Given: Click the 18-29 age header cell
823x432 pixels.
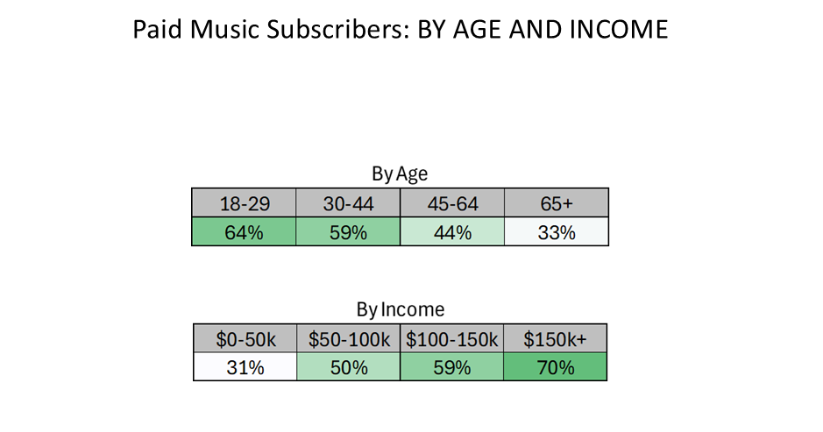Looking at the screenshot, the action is click(x=244, y=202).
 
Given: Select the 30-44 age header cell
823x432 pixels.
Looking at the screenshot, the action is click(x=348, y=202).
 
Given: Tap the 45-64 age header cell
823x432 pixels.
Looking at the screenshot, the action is click(x=452, y=202).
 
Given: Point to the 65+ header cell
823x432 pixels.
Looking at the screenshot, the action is click(x=557, y=202).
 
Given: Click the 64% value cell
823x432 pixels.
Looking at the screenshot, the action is click(x=244, y=231).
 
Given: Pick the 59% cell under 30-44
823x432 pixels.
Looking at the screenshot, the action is click(x=348, y=231).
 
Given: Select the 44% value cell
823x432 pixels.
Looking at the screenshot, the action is click(x=452, y=231).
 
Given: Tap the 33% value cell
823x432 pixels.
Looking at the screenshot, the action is click(x=557, y=231).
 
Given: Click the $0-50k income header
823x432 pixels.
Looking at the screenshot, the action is click(x=245, y=338).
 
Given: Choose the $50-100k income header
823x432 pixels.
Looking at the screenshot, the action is click(x=349, y=338).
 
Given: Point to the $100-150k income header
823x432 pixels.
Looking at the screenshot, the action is click(x=452, y=338).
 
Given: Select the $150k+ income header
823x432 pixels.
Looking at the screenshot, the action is click(x=556, y=338).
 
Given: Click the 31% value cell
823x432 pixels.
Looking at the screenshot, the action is click(x=245, y=366).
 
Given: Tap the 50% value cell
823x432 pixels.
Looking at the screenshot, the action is click(x=349, y=366).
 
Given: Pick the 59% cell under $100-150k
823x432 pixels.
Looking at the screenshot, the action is click(x=452, y=366).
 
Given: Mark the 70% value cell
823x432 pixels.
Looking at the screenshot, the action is click(x=556, y=366).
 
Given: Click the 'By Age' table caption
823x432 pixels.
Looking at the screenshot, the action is click(x=400, y=174).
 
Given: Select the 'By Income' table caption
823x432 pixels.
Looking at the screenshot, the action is click(x=401, y=309).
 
